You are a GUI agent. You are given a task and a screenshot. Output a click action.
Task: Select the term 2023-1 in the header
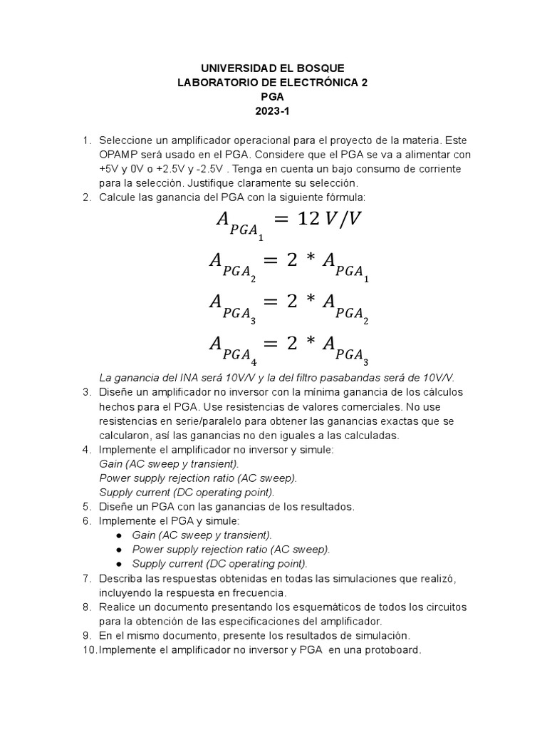tap(273, 110)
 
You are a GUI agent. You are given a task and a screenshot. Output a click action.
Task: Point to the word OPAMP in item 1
tap(118, 155)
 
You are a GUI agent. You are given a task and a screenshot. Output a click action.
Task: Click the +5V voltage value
tap(110, 169)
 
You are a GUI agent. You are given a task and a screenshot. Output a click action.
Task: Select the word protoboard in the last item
tap(391, 649)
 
